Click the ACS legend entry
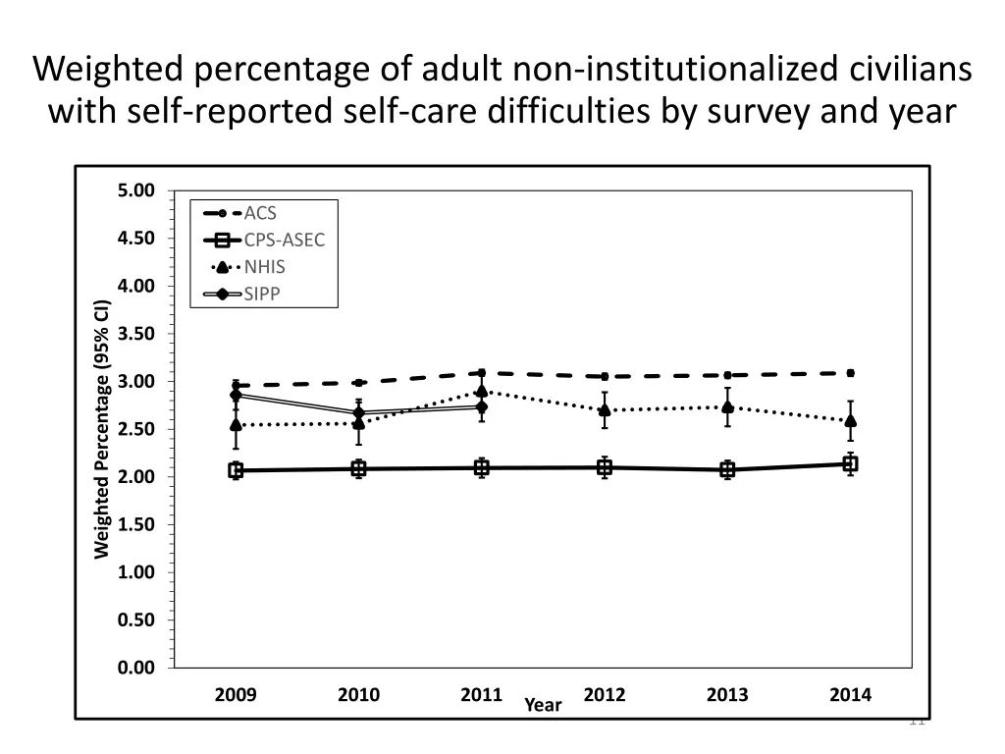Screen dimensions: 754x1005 260,213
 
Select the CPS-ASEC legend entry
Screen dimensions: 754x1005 284,240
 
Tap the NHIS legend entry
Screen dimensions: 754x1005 265,266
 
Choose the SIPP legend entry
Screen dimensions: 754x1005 262,293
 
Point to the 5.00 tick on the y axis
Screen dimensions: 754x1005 135,190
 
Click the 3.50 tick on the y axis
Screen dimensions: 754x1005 135,334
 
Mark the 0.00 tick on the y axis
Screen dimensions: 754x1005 135,668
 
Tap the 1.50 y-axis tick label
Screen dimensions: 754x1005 135,524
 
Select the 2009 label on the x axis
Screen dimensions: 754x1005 236,695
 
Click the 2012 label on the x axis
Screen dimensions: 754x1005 605,695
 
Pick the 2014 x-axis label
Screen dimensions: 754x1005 850,695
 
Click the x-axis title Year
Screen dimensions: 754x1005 543,705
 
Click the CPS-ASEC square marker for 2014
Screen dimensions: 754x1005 850,464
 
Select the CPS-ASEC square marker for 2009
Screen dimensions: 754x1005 236,470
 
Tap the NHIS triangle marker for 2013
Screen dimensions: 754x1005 727,406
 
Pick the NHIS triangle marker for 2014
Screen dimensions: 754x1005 850,421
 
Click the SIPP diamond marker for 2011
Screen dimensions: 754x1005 482,406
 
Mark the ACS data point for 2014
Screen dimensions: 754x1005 850,373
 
